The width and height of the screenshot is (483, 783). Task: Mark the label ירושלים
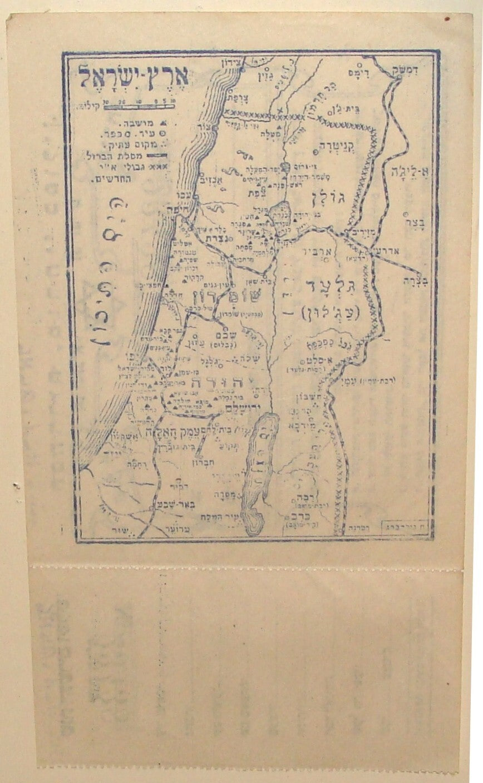click(229, 411)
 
